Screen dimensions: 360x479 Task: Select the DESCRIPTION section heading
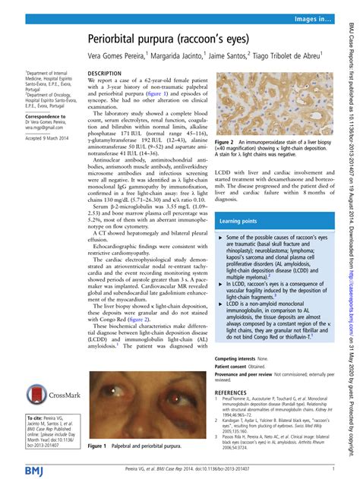[105, 73]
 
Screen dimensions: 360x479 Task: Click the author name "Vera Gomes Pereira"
[122, 55]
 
